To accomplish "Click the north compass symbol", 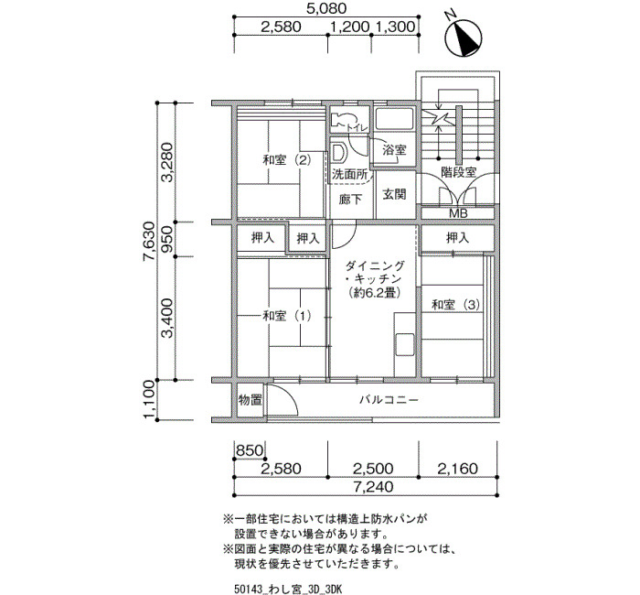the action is click(x=463, y=37).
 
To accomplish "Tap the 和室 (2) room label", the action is click(x=287, y=160).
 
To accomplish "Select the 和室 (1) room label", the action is click(x=287, y=316).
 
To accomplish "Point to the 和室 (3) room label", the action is click(x=456, y=305).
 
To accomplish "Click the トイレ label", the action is click(x=357, y=128).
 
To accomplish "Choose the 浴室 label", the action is click(x=394, y=149).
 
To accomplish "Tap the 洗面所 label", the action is click(x=349, y=175).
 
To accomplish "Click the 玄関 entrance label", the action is click(x=394, y=194).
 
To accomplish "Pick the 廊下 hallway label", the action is click(x=350, y=199).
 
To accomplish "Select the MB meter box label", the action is click(x=458, y=213).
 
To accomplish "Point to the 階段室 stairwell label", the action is click(x=459, y=172).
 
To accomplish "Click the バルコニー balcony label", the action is click(x=389, y=399).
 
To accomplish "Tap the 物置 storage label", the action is click(x=251, y=400).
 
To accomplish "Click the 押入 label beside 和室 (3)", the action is click(x=458, y=237).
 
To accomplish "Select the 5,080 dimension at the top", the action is click(x=326, y=7).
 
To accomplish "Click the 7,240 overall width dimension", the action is click(x=373, y=486).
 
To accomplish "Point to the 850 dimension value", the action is click(x=250, y=450).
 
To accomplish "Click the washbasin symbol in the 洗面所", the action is click(x=338, y=153).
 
